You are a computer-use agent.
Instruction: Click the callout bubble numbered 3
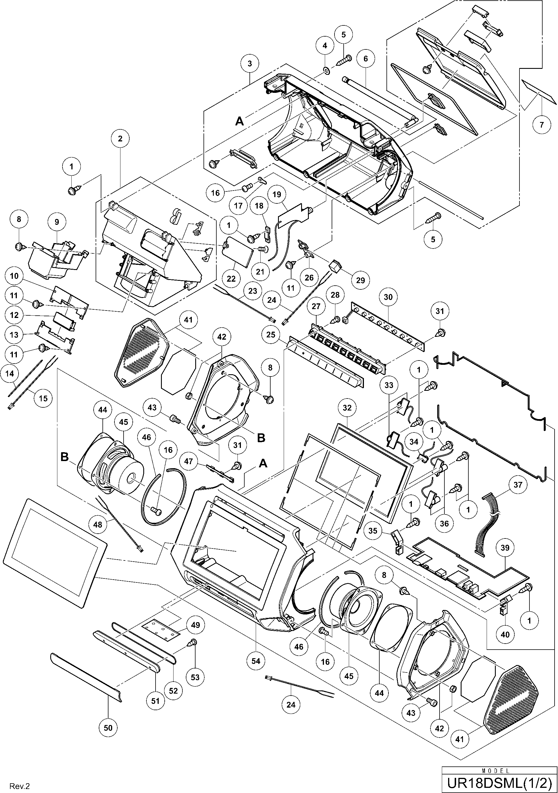point(250,63)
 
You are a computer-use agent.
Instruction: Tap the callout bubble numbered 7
point(541,124)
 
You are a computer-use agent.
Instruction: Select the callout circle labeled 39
point(505,548)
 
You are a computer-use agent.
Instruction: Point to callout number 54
point(256,661)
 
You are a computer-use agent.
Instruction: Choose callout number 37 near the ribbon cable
point(518,485)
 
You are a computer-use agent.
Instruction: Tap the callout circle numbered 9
point(57,222)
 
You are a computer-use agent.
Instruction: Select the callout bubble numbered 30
point(388,297)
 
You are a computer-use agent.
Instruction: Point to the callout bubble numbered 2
point(120,139)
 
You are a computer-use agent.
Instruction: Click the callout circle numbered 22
point(231,279)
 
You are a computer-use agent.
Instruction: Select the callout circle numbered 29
point(360,280)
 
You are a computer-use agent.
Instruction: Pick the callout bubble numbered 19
point(277,195)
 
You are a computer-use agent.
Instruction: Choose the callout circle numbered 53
point(195,677)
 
